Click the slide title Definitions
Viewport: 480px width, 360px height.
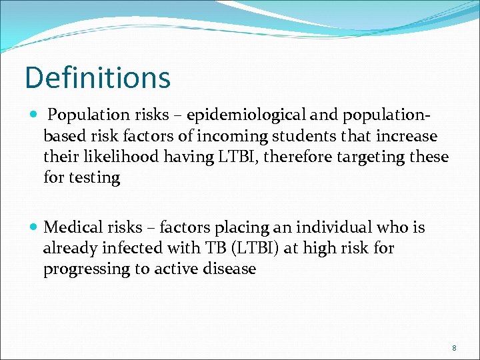tap(97, 77)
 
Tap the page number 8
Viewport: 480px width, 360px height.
tap(454, 348)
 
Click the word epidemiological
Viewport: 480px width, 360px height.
tap(231, 115)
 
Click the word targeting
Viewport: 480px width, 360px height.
tap(373, 157)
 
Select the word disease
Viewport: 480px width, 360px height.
tap(230, 269)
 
